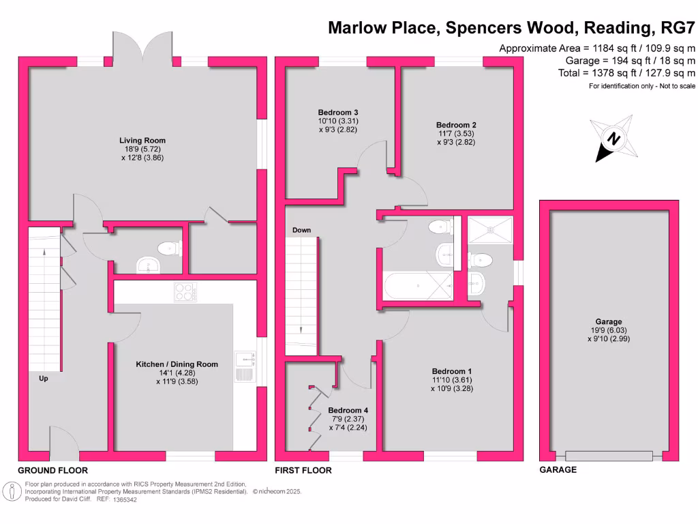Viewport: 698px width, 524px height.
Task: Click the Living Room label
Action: click(142, 141)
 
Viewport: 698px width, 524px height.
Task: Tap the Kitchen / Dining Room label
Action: click(177, 364)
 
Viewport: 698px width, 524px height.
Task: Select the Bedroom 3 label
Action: click(338, 113)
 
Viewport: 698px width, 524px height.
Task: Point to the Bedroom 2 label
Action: click(456, 125)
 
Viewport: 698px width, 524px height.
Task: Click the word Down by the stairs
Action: click(301, 231)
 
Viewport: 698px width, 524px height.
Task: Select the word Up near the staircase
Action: click(43, 377)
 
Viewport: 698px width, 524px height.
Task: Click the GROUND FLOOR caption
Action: click(52, 470)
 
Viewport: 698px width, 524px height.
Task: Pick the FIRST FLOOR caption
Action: click(303, 470)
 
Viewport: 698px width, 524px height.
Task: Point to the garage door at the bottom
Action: click(609, 456)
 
